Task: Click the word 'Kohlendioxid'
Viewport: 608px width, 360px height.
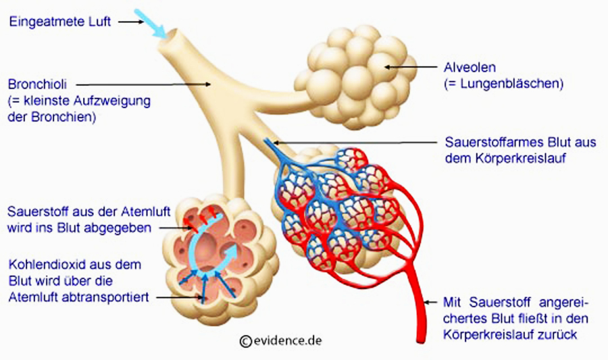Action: tap(45, 264)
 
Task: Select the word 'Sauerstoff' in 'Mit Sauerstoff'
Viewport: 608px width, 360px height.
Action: tap(497, 302)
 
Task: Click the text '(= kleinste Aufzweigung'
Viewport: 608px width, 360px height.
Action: tap(78, 101)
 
